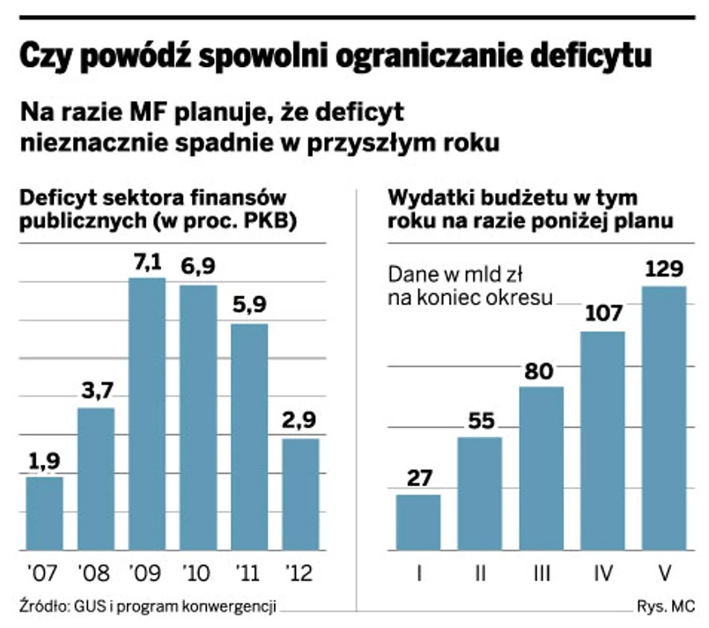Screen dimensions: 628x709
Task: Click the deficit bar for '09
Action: pyautogui.click(x=147, y=414)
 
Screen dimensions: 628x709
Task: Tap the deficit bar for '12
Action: pyautogui.click(x=300, y=494)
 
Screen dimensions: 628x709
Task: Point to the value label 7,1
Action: pyautogui.click(x=147, y=262)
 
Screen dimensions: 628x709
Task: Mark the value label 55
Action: pyautogui.click(x=480, y=422)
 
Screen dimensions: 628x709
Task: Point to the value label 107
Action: pyautogui.click(x=603, y=314)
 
